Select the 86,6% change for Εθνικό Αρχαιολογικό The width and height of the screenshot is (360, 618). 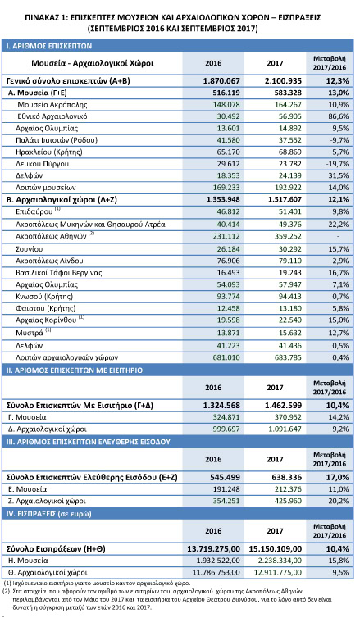tap(339, 116)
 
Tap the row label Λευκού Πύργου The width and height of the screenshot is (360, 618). tap(42, 164)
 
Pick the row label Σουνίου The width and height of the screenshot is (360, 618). tap(30, 249)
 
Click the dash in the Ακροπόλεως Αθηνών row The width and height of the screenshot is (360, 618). tap(338, 237)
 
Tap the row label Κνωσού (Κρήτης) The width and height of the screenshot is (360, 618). tap(44, 297)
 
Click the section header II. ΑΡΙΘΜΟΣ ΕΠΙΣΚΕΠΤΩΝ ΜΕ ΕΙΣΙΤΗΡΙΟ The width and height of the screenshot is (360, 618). tap(74, 370)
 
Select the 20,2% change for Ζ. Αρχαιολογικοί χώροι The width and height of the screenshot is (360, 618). tap(339, 502)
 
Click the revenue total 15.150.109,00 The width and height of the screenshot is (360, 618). tap(276, 549)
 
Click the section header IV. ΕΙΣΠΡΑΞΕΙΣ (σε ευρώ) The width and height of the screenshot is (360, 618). tap(48, 514)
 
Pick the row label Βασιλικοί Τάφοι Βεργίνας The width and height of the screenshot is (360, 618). tap(59, 273)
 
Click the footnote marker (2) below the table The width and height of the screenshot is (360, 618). tap(7, 591)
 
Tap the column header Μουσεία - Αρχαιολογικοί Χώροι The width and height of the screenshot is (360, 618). tap(93, 63)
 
